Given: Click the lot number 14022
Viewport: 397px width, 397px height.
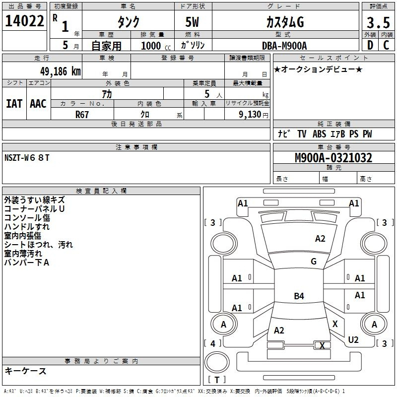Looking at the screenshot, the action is (24, 21).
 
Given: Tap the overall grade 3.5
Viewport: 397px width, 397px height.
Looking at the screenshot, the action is (378, 22).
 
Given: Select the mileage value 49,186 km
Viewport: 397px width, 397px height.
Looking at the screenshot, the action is (60, 71).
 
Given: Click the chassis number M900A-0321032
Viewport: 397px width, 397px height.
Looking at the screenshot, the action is (333, 158).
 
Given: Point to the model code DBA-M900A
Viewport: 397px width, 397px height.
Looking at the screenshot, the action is (284, 46).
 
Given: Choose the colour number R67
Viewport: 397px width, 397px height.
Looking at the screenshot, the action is (82, 115).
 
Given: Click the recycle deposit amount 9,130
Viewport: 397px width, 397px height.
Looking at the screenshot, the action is (250, 115).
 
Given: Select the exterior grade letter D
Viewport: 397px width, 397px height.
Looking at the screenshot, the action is (370, 45).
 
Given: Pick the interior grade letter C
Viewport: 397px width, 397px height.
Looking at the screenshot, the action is (386, 45).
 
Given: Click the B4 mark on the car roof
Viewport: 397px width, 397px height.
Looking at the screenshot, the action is (299, 296).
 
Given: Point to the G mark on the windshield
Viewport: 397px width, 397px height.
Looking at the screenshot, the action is (314, 261).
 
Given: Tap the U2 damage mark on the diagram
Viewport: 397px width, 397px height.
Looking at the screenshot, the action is (353, 339).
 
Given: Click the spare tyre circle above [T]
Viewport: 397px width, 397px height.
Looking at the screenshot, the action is (217, 362).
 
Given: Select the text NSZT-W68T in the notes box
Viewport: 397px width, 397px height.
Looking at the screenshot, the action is (27, 158).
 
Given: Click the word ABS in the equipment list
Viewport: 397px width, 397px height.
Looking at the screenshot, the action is (319, 133).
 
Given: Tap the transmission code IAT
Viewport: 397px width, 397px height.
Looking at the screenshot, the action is (14, 104).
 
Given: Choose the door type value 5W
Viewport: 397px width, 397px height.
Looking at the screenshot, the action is (192, 22).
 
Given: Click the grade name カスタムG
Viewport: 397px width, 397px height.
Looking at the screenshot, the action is (285, 22).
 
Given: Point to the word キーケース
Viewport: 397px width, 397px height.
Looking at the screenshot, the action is (26, 371).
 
